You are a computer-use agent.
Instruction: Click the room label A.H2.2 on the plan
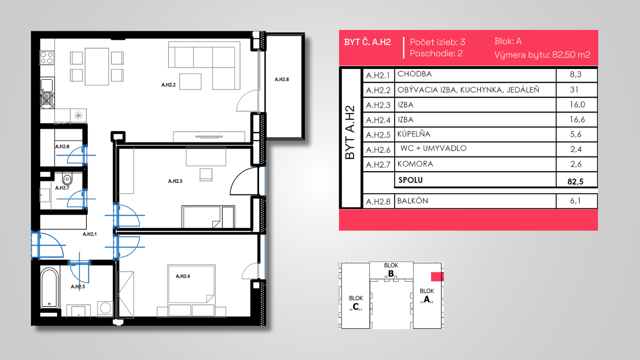(168, 85)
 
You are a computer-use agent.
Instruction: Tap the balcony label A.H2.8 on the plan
(282, 79)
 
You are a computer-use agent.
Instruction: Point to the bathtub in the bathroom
(49, 288)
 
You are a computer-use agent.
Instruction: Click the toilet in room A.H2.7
(67, 179)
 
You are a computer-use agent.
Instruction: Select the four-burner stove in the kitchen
(47, 58)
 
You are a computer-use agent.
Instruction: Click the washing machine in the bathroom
(105, 308)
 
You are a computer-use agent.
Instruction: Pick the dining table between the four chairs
(97, 67)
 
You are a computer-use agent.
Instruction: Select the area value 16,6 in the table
(577, 119)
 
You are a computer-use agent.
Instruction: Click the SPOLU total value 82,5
(575, 181)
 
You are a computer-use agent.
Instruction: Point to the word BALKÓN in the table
(413, 201)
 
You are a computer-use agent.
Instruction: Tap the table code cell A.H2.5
(378, 135)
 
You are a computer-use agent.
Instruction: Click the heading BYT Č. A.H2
(367, 42)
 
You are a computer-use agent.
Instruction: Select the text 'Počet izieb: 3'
(438, 42)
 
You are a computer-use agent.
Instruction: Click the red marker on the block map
(437, 277)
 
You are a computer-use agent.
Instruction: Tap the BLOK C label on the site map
(356, 302)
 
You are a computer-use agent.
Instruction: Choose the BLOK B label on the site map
(391, 270)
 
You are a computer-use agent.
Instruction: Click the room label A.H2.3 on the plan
(175, 181)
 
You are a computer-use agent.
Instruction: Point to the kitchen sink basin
(47, 85)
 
